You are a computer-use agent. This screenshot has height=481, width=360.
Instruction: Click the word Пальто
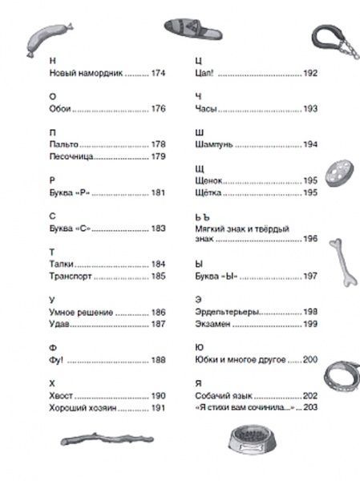coord(41,144)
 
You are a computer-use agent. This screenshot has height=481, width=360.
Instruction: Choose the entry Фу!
coord(34,359)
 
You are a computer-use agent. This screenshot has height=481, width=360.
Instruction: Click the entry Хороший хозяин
coord(61,407)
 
